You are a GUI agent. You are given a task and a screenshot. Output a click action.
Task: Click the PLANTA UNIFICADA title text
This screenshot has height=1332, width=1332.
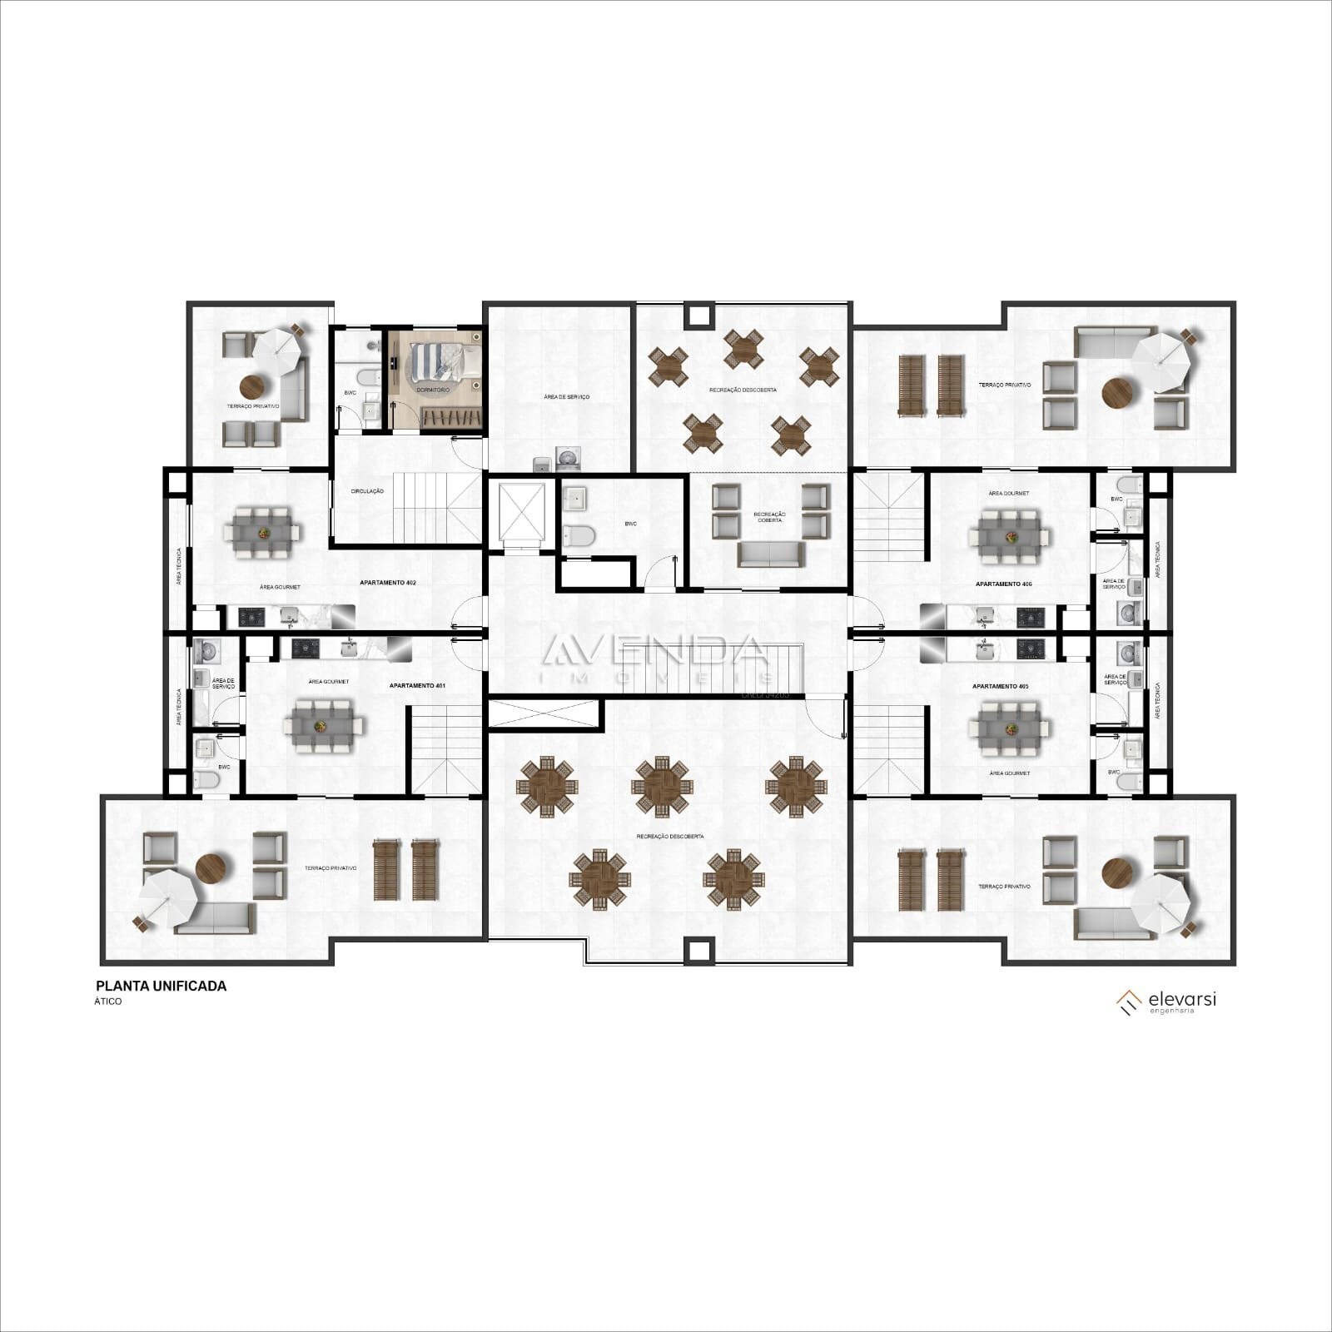tap(161, 986)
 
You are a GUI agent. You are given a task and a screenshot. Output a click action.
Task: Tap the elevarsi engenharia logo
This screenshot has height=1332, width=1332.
tap(1165, 1001)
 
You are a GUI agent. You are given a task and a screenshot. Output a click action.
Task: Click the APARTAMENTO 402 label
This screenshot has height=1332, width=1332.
tap(387, 583)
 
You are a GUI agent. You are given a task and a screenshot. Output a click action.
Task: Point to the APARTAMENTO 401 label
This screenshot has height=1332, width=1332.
tap(417, 686)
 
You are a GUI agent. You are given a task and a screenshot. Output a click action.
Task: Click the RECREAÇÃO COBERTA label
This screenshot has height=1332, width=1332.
tap(769, 517)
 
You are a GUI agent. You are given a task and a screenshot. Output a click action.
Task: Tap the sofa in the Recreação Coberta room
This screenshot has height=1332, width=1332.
tap(772, 554)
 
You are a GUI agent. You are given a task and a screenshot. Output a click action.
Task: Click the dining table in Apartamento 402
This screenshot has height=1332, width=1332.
tap(263, 533)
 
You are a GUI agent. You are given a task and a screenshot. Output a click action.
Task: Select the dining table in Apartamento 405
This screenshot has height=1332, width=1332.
tap(1009, 729)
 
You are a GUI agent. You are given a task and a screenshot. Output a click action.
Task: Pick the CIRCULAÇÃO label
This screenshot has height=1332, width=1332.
tap(367, 491)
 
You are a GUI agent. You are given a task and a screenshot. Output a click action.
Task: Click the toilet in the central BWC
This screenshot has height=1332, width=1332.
tap(577, 535)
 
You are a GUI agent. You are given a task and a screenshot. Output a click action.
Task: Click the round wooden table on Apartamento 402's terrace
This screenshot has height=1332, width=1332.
tap(252, 387)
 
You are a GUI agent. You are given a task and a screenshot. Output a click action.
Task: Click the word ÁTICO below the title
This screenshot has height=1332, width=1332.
tap(108, 1001)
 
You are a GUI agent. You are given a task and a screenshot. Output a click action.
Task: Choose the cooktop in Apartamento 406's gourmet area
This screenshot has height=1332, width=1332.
tap(1033, 617)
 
